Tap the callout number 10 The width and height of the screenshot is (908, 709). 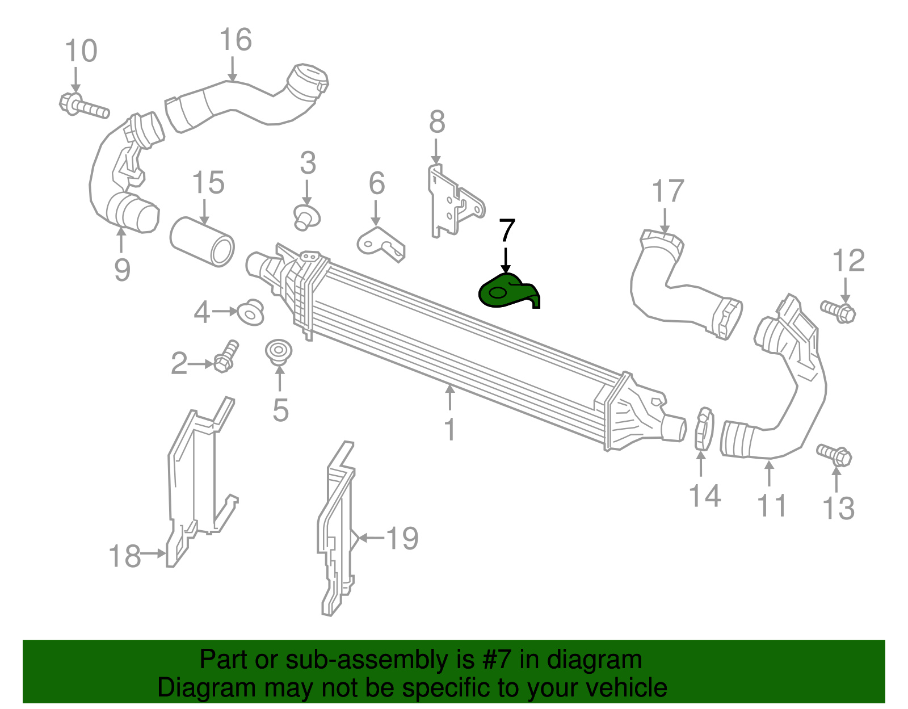point(81,51)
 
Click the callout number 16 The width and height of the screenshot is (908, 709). point(236,40)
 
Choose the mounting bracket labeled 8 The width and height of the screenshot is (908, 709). point(452,202)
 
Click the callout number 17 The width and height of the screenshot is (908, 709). point(668,191)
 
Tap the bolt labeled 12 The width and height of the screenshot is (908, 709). point(838,311)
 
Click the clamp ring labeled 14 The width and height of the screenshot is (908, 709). point(703,429)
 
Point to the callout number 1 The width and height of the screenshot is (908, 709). point(450,430)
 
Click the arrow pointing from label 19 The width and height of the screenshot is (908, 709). point(369,538)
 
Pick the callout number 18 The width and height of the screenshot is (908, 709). point(125,556)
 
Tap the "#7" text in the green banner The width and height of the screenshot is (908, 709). point(495,660)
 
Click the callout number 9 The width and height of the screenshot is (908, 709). point(122,269)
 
